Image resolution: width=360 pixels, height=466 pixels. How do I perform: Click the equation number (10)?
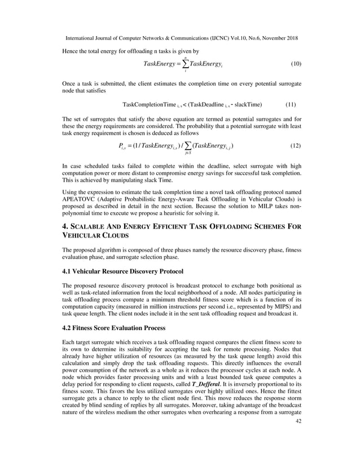pyautogui.click(x=296, y=64)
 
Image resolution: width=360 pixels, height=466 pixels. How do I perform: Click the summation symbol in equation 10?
pyautogui.click(x=187, y=64)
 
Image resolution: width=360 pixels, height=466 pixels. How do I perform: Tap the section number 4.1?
pyautogui.click(x=68, y=271)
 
